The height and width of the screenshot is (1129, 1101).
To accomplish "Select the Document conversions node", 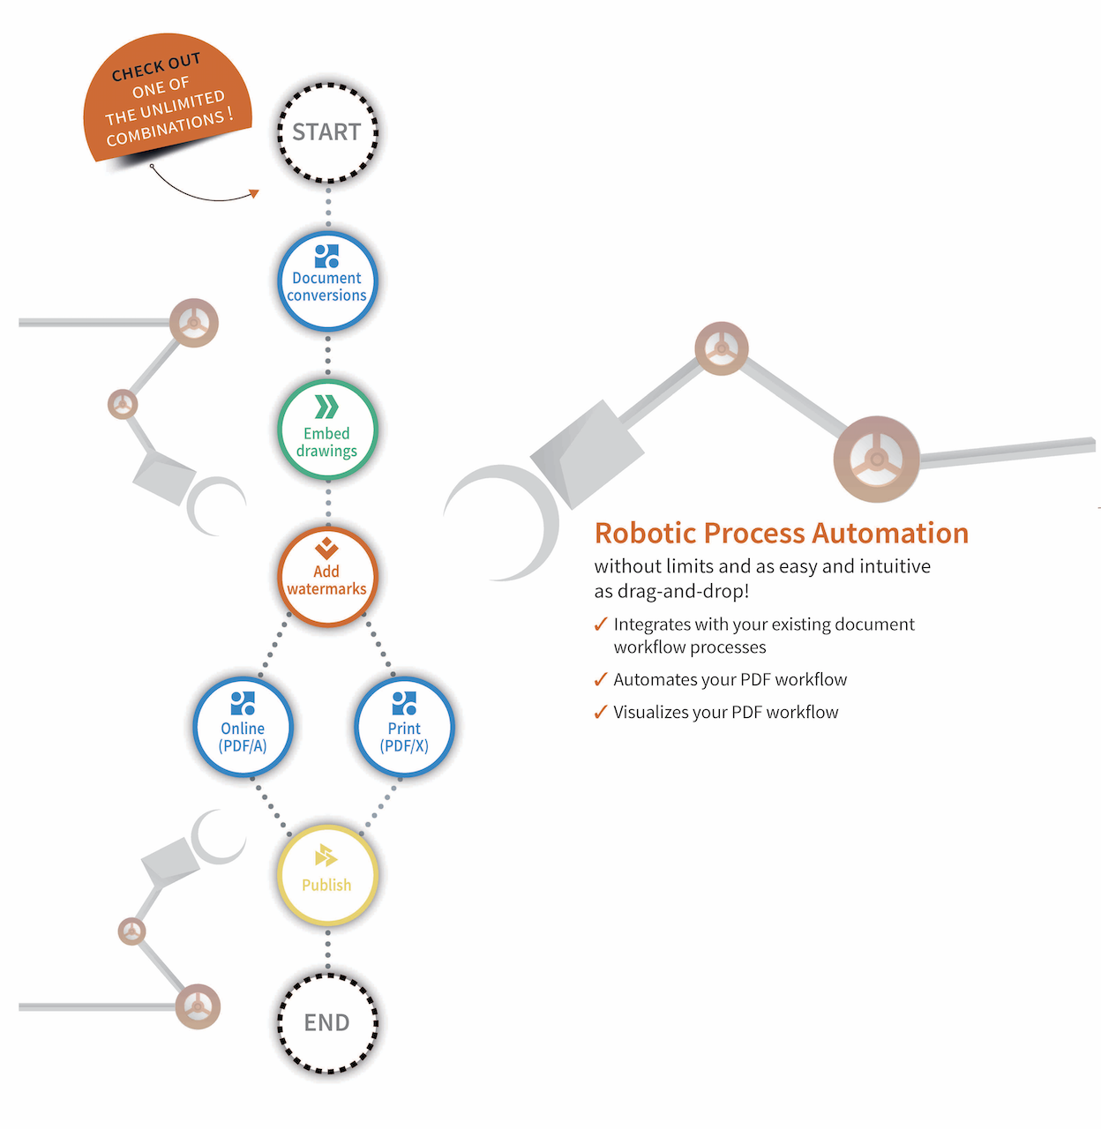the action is pos(328,281).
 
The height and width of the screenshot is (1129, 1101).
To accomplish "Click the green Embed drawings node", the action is pos(328,430).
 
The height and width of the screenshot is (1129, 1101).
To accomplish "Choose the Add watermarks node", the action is pos(328,577).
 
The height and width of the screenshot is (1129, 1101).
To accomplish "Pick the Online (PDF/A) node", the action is pos(243,727).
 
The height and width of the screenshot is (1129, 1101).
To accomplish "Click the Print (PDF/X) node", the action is pos(405,727).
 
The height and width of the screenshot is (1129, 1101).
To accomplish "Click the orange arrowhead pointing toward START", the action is pos(253,193).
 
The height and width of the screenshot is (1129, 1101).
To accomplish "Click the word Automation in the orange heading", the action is pos(890,533).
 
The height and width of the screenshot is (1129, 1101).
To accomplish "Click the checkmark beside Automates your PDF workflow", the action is pos(601,679).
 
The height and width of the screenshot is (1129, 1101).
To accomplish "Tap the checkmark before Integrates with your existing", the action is pos(601,624).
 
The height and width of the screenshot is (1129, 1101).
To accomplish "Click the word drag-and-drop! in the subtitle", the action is pos(683,592).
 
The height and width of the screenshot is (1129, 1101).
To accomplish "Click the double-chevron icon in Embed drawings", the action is pos(326,407).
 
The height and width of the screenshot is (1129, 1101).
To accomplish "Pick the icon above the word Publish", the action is pos(326,856).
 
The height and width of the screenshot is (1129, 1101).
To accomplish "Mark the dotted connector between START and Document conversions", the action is pos(328,207).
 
